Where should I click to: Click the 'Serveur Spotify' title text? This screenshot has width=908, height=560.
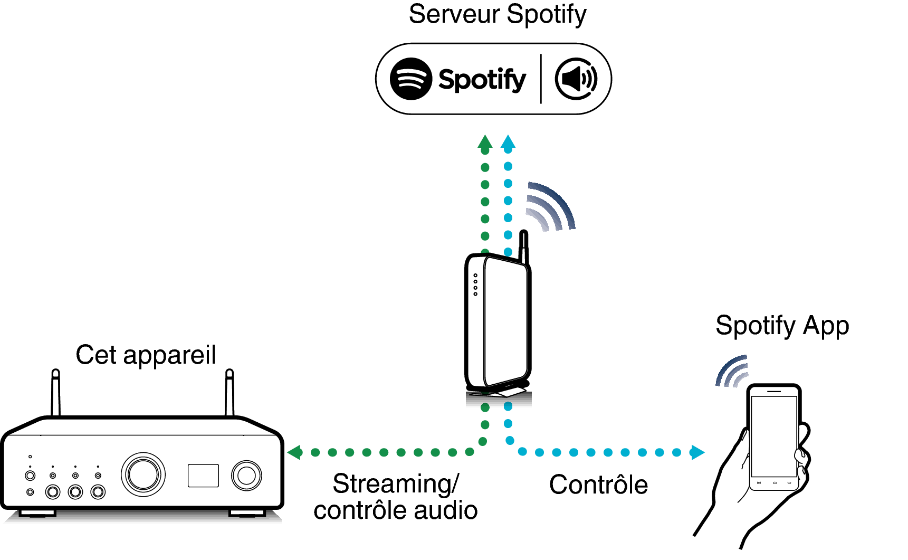coord(497,15)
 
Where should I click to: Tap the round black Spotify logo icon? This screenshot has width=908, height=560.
coord(411,79)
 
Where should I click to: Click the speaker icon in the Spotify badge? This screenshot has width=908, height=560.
coord(576,79)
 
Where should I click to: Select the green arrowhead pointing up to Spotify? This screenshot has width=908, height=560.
coord(485,142)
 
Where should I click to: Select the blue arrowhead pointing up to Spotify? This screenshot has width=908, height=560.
coord(508,142)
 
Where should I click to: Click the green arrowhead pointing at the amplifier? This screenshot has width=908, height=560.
coord(295,452)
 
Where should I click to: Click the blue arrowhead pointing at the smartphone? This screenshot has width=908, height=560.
coord(697,452)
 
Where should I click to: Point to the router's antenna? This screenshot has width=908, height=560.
coord(524,246)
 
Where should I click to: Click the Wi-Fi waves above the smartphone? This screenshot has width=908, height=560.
coord(733,372)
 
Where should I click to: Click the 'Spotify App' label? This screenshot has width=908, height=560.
coord(782,326)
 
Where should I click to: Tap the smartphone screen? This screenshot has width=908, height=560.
coord(773,435)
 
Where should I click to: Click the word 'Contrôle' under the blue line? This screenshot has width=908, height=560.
coord(598,485)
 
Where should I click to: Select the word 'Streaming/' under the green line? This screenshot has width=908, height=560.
coord(396,484)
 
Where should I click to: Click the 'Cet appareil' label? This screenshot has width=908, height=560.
coord(146,355)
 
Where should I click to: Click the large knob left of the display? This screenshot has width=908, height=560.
coord(143,474)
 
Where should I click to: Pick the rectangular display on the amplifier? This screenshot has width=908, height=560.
coord(203,476)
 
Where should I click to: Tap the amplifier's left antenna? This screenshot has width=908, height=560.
coord(55,393)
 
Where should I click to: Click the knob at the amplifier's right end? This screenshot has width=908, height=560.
coord(246,476)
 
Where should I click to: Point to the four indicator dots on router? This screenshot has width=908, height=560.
coord(475,284)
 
